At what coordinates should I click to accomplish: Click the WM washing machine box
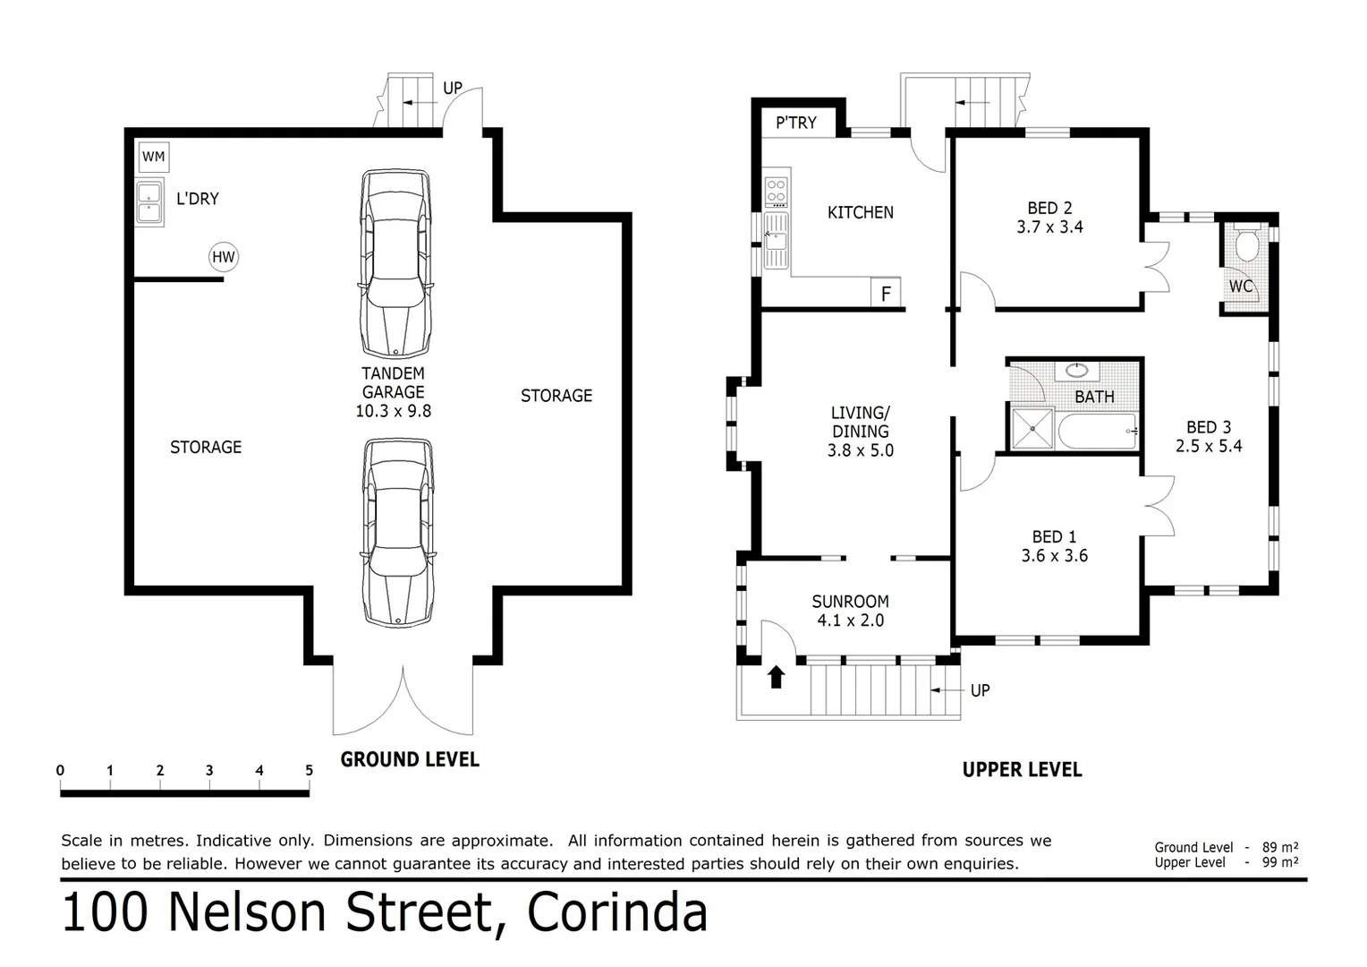point(154,157)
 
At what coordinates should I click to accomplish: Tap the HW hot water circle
point(223,258)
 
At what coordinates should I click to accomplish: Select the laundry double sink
point(149,202)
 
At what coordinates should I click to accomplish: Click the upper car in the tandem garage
point(395,263)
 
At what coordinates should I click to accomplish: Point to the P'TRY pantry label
point(795,123)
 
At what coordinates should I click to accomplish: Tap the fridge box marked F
point(886,294)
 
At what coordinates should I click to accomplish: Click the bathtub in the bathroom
point(1096,432)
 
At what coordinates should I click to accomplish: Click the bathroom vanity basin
point(1078,370)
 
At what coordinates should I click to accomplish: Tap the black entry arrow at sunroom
point(776,677)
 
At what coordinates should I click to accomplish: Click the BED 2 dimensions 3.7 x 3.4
point(1049,227)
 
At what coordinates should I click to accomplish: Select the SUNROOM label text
point(850,602)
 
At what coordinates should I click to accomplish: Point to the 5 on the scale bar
point(309,770)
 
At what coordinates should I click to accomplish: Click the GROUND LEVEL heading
point(410,759)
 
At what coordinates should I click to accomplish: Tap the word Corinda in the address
point(617,912)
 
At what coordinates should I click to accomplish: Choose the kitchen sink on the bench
point(775,240)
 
